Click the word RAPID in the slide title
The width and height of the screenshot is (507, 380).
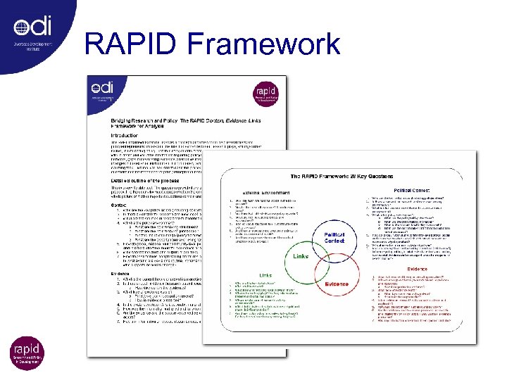(134, 44)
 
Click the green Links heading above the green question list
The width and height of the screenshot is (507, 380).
(265, 275)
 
